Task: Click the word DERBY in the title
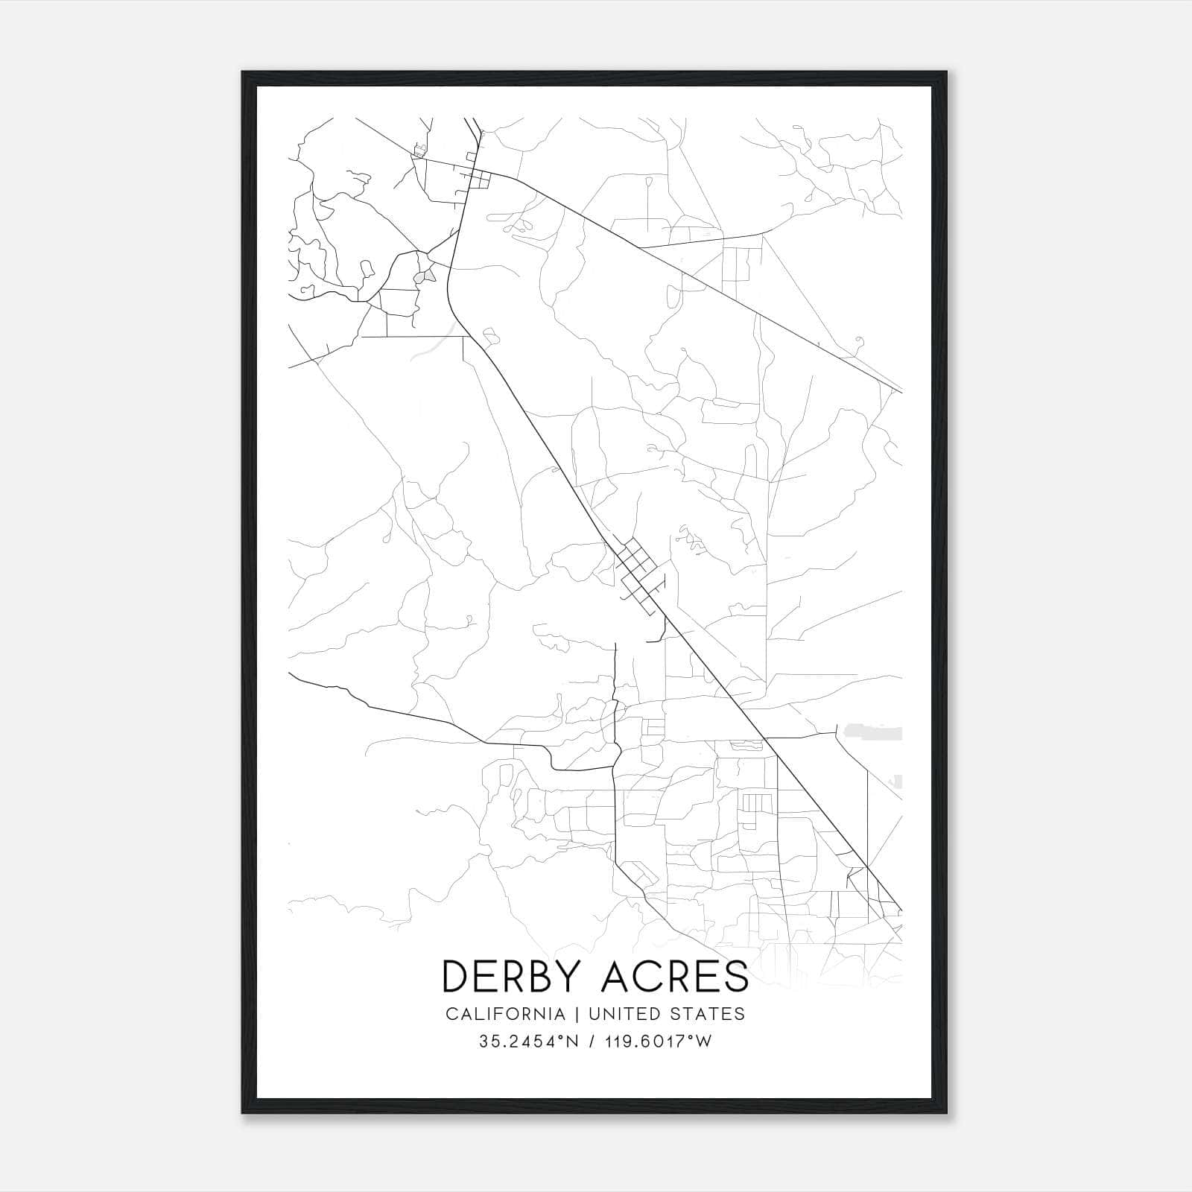click(x=513, y=976)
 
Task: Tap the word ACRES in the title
click(x=675, y=976)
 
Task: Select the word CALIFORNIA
click(x=505, y=1013)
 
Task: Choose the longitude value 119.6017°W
click(x=659, y=1042)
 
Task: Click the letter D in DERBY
click(x=456, y=976)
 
